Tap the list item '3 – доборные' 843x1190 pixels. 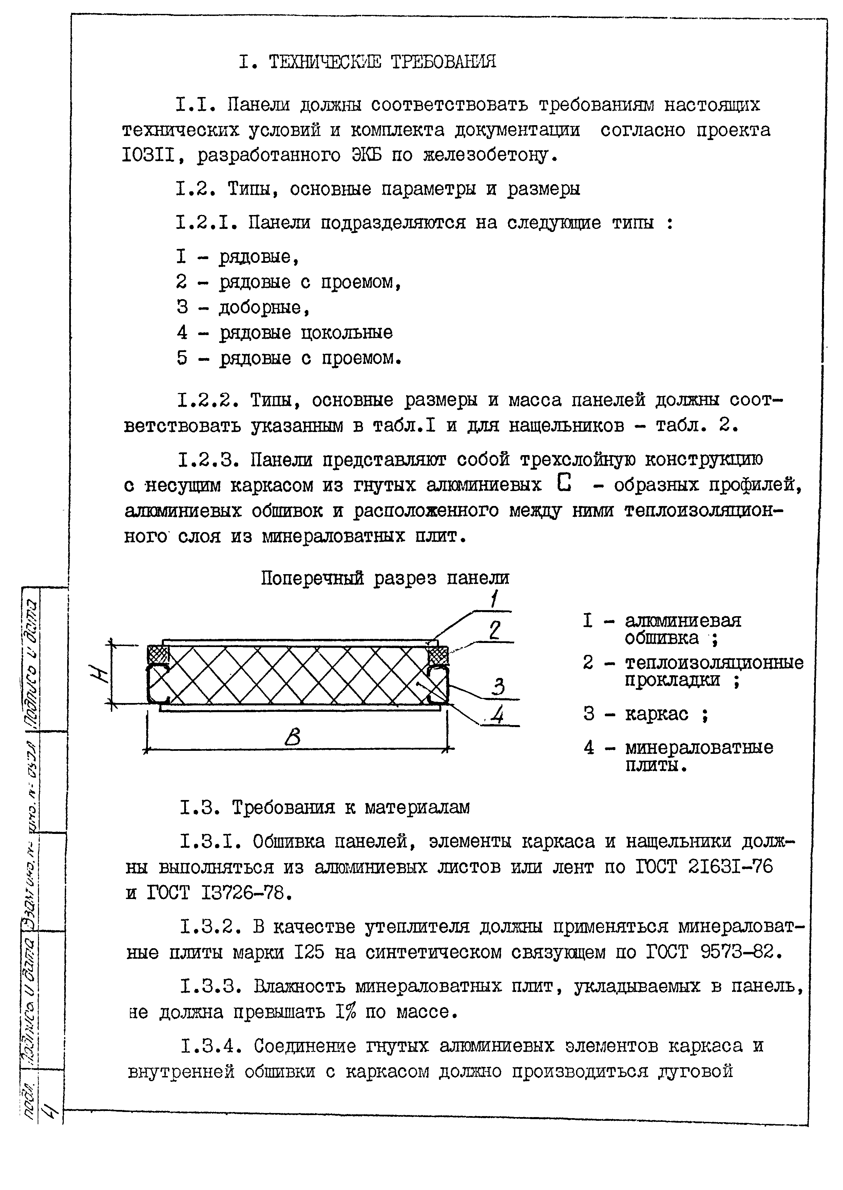(243, 308)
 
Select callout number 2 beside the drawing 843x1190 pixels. (495, 630)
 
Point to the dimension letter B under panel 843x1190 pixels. (293, 738)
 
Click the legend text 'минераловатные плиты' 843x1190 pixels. (698, 756)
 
